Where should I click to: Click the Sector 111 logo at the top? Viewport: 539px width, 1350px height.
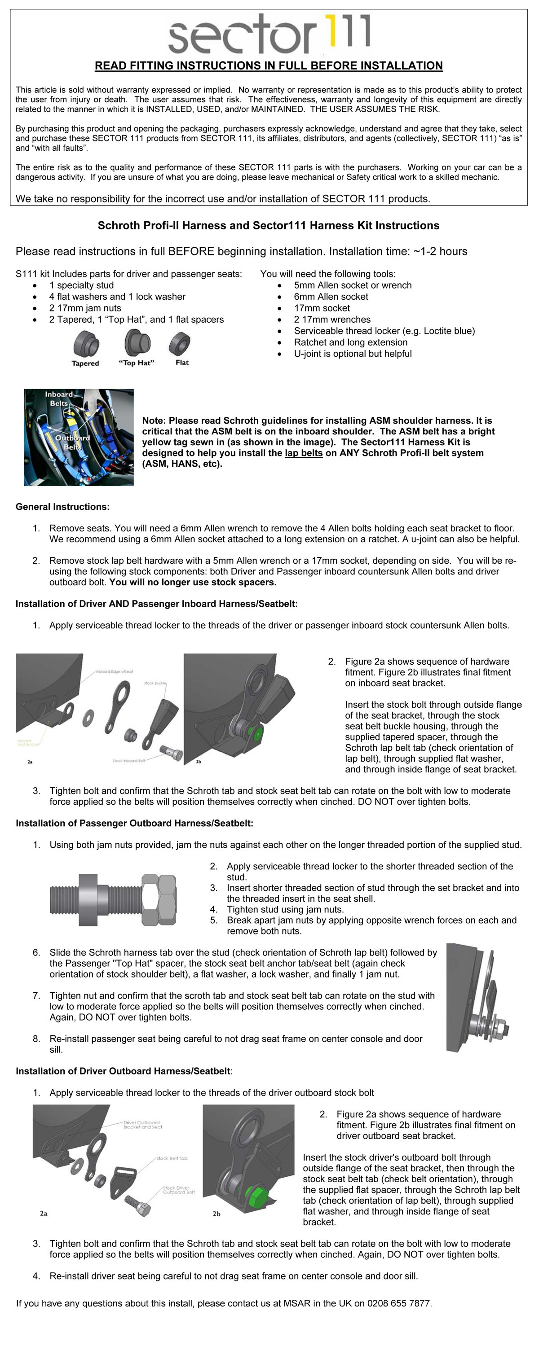[x=269, y=34]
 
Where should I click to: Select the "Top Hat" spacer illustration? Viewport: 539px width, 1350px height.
[x=137, y=343]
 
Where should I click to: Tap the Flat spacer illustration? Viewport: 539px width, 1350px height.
[x=180, y=343]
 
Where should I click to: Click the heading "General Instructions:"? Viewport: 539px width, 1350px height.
[x=62, y=507]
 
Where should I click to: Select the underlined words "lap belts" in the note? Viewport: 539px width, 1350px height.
[x=304, y=453]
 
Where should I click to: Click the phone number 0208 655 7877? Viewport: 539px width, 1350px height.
[x=398, y=1303]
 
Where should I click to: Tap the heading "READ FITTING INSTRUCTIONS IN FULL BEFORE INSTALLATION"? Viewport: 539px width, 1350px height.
[x=269, y=66]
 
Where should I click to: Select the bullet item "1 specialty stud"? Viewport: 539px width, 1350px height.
[x=81, y=285]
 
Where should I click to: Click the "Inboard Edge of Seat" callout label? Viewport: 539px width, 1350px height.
[x=114, y=671]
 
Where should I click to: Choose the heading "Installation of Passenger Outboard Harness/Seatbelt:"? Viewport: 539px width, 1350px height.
[x=134, y=823]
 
